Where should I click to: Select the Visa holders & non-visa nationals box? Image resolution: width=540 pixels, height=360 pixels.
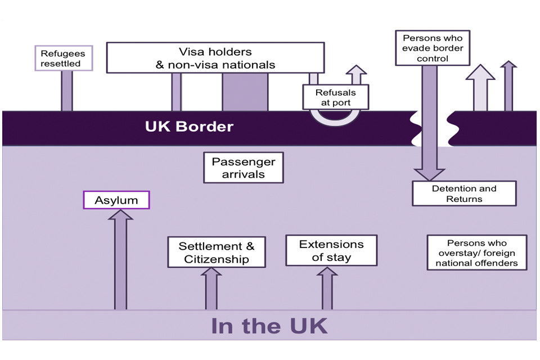click(x=215, y=58)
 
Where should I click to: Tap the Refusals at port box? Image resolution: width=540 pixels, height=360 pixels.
click(x=336, y=97)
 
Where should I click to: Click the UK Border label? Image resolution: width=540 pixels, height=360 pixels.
click(x=189, y=126)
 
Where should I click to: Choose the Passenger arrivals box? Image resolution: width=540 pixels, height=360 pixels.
click(x=243, y=168)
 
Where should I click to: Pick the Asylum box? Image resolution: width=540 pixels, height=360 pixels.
click(x=116, y=200)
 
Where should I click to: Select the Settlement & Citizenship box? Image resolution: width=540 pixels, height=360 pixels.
click(x=217, y=252)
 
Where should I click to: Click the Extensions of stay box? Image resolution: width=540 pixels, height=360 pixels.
click(x=331, y=250)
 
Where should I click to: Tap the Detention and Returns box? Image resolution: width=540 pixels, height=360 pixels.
click(x=464, y=193)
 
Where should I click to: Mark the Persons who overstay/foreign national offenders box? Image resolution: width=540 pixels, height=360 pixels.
click(x=476, y=253)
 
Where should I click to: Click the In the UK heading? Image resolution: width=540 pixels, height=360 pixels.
click(x=269, y=326)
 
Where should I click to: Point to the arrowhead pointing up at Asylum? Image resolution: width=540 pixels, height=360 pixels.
click(x=120, y=217)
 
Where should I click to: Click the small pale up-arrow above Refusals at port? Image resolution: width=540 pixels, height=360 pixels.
click(x=355, y=75)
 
